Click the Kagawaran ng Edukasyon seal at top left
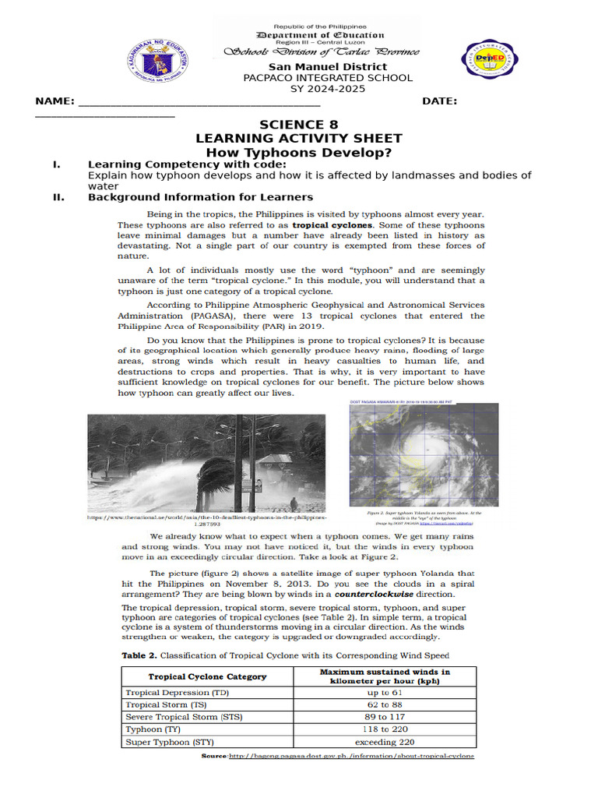tap(157, 60)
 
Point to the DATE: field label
tap(439, 101)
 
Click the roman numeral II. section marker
tap(58, 197)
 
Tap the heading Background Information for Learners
tap(200, 197)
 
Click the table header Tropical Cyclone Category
tap(207, 676)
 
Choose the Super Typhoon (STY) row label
tap(170, 742)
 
